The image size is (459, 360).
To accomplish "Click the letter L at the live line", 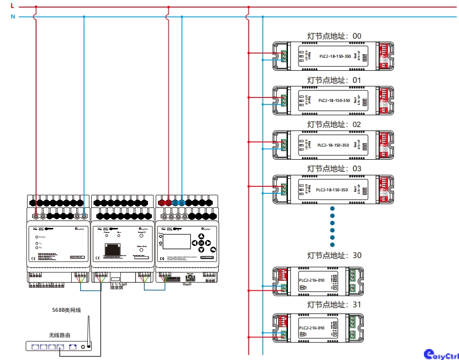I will [12, 6].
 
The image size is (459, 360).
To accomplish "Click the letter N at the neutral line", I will [13, 17].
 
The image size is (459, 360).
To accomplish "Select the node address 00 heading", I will [334, 36].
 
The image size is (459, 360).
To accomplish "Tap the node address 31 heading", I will [334, 305].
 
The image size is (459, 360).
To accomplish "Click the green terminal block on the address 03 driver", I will [283, 189].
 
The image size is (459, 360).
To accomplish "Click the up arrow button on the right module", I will [201, 236].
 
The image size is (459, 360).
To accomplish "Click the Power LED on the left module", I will [37, 236].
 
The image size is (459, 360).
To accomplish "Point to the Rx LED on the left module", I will [37, 248].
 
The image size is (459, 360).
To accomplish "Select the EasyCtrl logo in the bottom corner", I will [441, 354].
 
